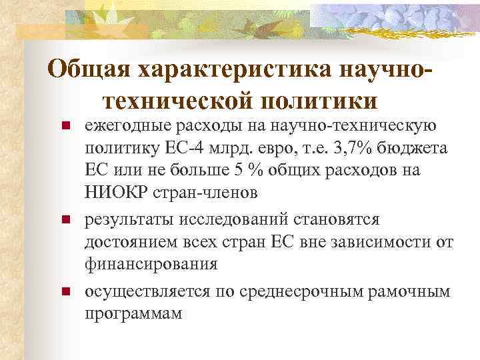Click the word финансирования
151,264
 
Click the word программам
133,313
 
